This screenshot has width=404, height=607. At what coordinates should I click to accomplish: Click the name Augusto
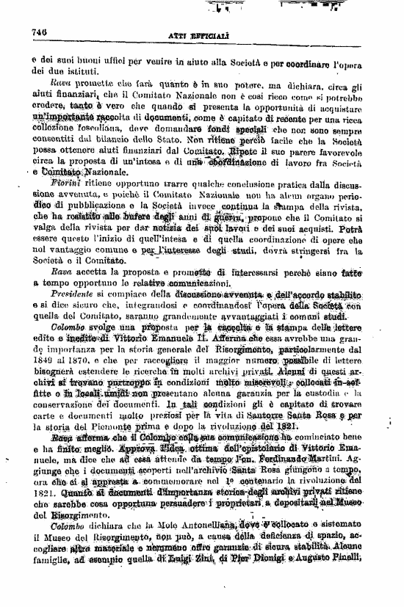coord(328,601)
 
